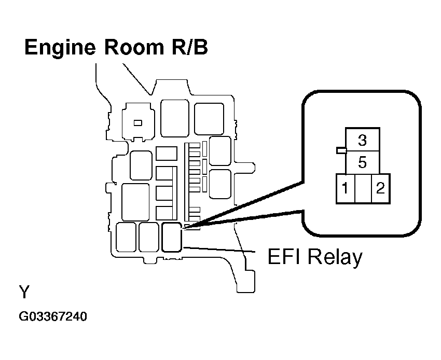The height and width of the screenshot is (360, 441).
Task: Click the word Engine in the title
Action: (x=60, y=48)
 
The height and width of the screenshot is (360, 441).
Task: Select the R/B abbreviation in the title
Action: (x=190, y=47)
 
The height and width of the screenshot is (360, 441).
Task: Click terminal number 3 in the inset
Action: (x=363, y=140)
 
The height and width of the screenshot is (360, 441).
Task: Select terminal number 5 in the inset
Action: (x=363, y=162)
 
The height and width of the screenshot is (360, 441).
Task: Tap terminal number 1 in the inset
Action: (x=345, y=188)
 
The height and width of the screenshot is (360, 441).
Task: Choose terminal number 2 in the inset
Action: (x=380, y=188)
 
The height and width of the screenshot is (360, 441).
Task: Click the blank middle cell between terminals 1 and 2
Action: (x=363, y=188)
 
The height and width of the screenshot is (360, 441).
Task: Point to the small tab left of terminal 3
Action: (x=341, y=151)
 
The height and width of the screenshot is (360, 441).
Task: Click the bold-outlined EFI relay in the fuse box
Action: (x=172, y=237)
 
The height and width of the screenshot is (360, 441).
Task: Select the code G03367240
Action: (x=53, y=317)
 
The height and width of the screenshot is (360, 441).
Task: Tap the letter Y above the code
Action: (x=24, y=292)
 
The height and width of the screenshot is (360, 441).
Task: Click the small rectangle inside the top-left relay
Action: (x=138, y=123)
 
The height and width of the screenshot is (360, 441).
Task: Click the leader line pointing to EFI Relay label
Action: (x=219, y=250)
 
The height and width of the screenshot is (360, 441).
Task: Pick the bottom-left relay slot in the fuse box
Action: (x=126, y=237)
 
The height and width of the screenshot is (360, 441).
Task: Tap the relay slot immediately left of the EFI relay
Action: (x=149, y=237)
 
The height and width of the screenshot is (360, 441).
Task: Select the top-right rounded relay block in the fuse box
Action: (x=209, y=119)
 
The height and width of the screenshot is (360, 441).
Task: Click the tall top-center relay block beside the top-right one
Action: (x=175, y=118)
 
